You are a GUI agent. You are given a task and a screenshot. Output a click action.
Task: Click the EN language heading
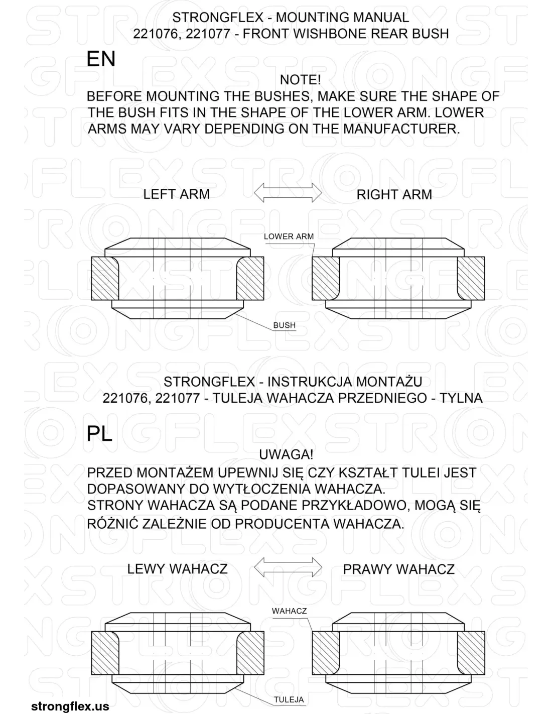(101, 59)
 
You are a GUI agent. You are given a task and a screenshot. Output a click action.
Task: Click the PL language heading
(99, 434)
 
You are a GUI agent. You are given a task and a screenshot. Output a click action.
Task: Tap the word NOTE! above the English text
(300, 80)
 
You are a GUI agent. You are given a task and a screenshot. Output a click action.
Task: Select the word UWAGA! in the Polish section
(286, 455)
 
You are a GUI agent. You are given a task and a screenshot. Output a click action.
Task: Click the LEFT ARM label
(176, 194)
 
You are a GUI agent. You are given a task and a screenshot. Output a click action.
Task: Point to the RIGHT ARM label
(394, 195)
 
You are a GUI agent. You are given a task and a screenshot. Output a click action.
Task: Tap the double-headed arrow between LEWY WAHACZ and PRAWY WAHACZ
(288, 567)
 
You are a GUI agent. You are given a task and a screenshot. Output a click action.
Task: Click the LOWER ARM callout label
(289, 236)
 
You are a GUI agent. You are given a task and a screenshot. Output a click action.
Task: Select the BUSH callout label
(284, 325)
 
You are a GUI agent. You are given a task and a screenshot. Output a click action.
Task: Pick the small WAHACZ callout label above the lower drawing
(289, 611)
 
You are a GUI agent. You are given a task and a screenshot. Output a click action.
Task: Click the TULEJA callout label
(289, 700)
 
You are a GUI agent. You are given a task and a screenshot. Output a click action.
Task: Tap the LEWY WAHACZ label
(177, 569)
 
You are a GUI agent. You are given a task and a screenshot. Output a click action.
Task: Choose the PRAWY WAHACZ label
(398, 569)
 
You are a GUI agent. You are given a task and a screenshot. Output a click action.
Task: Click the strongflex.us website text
(70, 706)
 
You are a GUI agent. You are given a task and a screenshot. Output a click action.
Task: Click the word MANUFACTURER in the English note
(401, 129)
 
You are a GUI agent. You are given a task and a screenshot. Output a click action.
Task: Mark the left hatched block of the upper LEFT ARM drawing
(104, 279)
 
